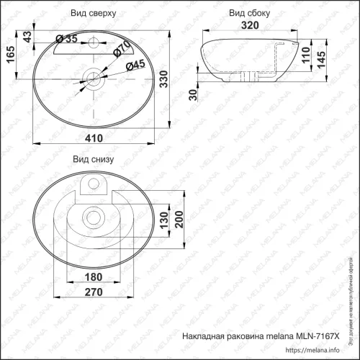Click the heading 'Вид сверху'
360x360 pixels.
pyautogui.click(x=94, y=13)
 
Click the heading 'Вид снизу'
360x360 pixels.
pyautogui.click(x=91, y=160)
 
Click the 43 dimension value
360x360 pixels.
pyautogui.click(x=28, y=36)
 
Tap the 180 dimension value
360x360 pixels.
pyautogui.click(x=91, y=277)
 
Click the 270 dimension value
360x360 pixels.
pyautogui.click(x=92, y=294)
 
